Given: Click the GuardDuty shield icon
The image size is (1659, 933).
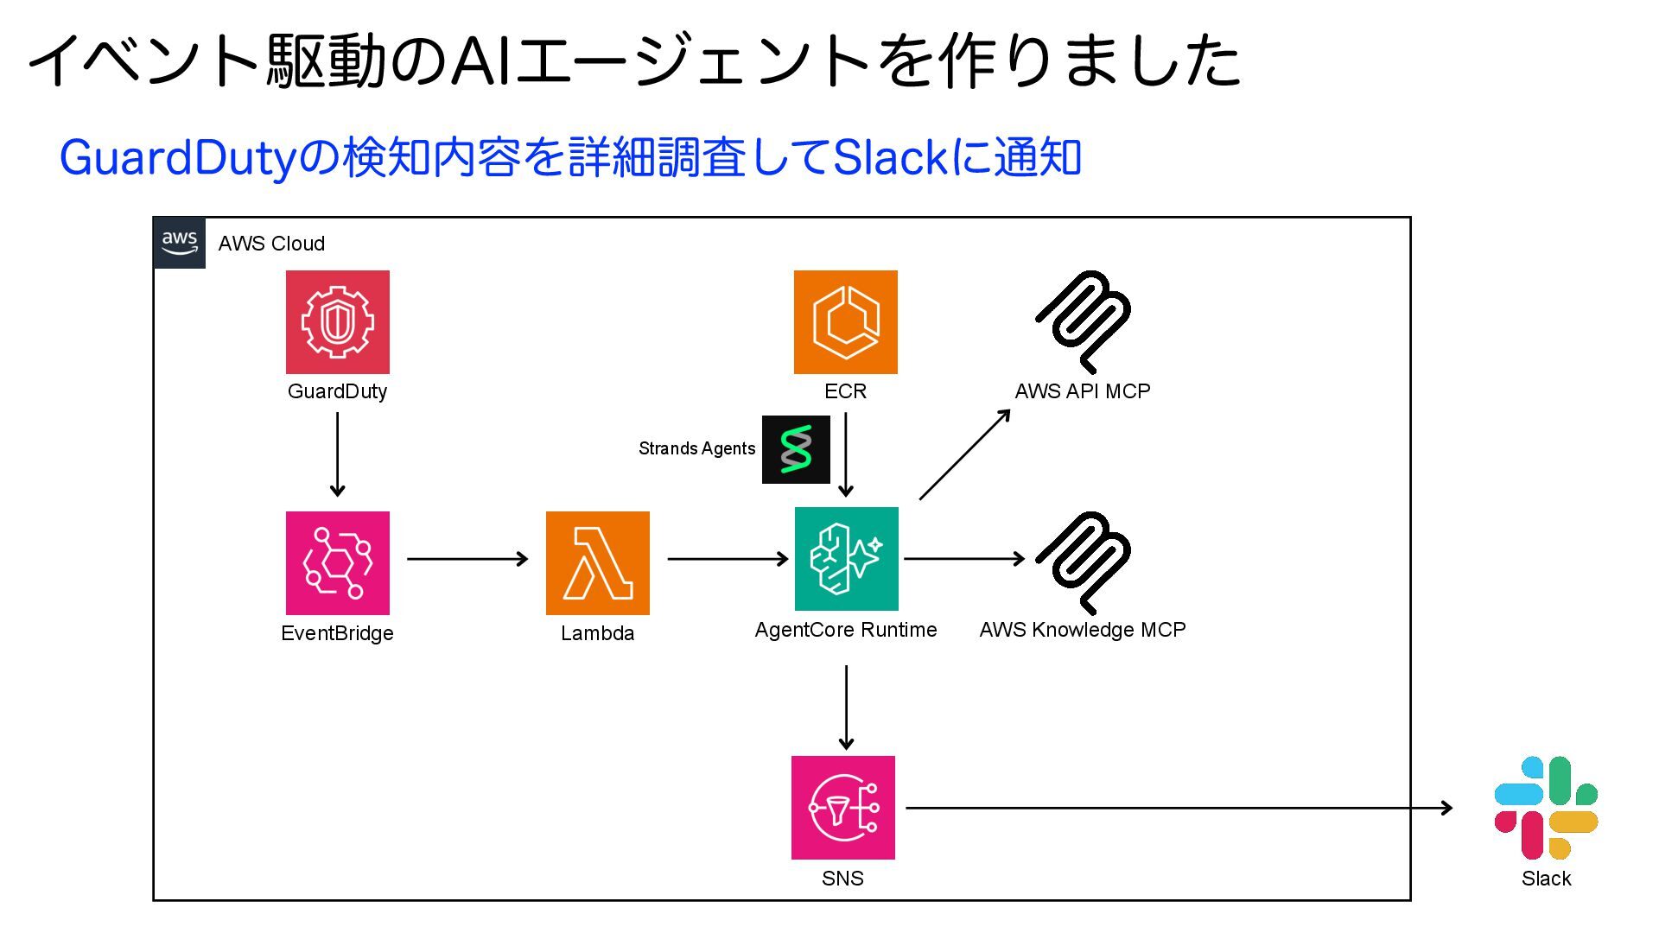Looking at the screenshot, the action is (338, 322).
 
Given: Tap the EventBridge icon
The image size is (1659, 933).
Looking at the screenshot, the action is (338, 563).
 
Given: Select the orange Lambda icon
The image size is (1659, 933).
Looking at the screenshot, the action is (598, 563).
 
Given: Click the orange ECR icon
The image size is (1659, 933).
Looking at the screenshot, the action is (846, 322).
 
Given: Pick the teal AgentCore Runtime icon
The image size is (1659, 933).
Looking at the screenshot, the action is (847, 559).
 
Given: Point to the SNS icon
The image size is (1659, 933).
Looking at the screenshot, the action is (843, 808).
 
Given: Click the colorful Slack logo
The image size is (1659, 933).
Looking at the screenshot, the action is (1546, 808).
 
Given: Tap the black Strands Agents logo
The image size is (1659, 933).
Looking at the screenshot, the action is (796, 449).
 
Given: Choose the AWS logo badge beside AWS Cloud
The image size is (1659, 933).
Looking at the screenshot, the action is (180, 243).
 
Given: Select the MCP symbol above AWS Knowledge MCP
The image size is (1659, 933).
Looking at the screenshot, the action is (1084, 562).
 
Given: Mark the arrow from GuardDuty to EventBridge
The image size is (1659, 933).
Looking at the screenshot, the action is (338, 454).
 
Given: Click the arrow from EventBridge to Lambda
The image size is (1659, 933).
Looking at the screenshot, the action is (467, 559).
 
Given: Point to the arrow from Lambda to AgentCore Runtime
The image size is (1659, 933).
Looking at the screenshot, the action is (728, 559).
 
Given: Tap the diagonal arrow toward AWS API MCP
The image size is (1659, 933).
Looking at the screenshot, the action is (965, 454).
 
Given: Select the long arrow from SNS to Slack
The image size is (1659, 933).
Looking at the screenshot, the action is (1179, 808).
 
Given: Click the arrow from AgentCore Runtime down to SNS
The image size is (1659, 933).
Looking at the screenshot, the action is (847, 708).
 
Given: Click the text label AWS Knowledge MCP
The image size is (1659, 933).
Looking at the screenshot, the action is (1083, 630).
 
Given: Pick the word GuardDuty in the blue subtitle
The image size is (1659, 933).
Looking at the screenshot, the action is (178, 158).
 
